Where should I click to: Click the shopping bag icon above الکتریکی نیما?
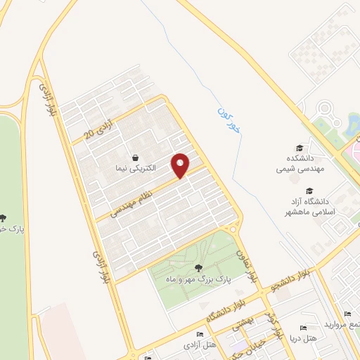tap(134, 157)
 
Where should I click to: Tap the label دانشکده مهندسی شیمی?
tap(300, 163)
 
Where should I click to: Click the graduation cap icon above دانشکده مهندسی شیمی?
tap(300, 148)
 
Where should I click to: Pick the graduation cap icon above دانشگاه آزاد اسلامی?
tap(309, 191)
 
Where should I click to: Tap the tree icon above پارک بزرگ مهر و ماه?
tap(199, 267)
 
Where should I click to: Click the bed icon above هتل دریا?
tap(303, 328)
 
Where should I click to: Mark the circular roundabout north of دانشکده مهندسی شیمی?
tap(325, 110)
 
